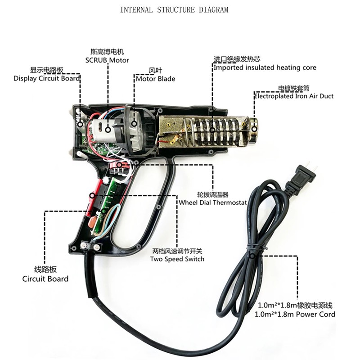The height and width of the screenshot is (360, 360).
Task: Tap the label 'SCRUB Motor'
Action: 107,60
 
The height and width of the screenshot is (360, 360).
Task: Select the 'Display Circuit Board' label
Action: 47,78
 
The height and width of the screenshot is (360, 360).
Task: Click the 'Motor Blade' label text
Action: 155,79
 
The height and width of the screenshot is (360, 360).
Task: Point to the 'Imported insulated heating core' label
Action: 265,67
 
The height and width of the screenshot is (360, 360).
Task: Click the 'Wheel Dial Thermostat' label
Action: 212,202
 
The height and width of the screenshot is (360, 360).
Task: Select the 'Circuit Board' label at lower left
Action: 45,279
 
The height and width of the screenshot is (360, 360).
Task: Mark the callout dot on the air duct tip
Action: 254,129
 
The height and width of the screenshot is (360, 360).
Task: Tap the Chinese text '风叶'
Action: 155,71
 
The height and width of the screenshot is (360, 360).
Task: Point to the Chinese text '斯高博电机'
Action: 107,52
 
